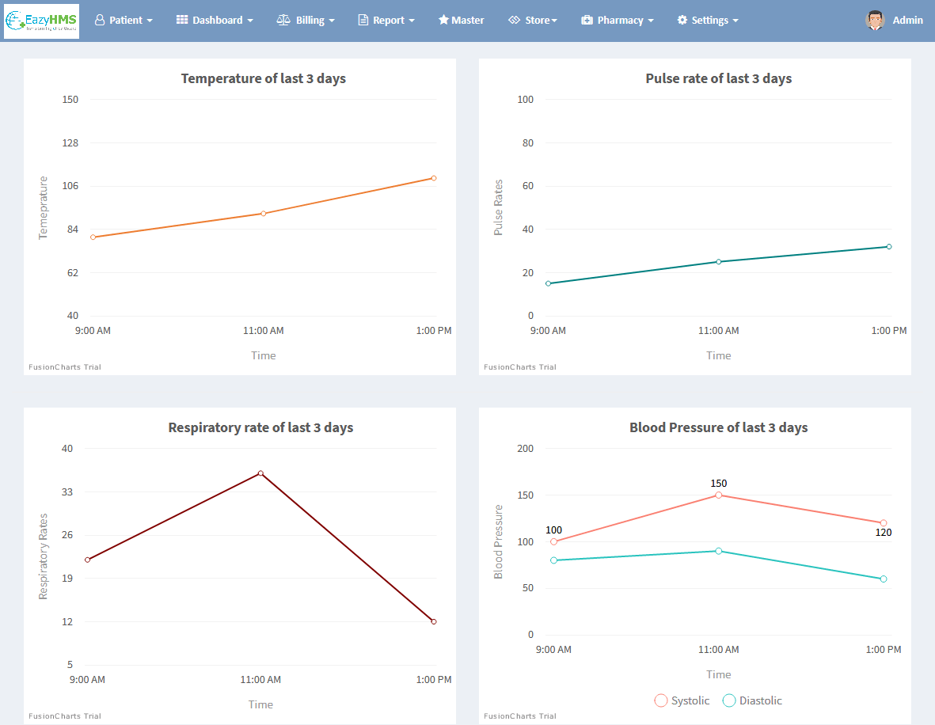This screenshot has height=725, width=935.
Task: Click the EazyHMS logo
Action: coord(41,21)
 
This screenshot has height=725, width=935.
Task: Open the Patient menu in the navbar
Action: coord(124,21)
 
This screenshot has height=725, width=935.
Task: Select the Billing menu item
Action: coord(306,21)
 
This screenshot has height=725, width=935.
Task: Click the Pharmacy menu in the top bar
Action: coord(618,21)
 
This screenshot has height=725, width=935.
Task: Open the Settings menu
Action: coord(708,21)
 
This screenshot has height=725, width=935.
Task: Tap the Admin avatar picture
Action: coord(875,21)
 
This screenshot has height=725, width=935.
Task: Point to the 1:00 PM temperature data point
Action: coord(434,178)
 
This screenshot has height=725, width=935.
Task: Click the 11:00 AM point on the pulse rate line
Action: coord(719,261)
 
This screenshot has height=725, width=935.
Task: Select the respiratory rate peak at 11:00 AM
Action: coord(260,473)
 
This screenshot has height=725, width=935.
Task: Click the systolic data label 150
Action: coord(718,484)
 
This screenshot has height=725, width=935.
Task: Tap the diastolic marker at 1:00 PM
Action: coord(884,579)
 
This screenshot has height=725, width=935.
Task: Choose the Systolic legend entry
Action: coord(682,700)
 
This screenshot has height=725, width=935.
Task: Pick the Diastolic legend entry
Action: coord(752,700)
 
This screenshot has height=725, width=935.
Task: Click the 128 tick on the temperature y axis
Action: coord(70,143)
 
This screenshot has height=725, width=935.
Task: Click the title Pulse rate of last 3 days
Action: coord(718,78)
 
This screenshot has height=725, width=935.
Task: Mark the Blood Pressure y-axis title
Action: coord(499,541)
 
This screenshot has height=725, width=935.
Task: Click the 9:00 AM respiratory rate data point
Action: coord(88,560)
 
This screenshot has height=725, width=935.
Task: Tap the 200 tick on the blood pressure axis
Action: coord(525,449)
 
